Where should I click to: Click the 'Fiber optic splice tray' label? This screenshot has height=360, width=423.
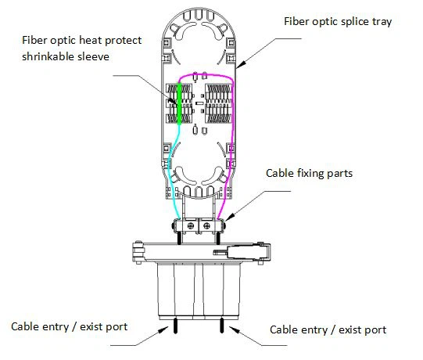(338, 22)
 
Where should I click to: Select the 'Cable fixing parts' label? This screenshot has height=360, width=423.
(309, 173)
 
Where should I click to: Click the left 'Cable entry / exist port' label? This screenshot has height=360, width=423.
(70, 327)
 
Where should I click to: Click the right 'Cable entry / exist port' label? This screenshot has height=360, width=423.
(328, 329)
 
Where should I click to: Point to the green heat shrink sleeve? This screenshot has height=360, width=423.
(179, 103)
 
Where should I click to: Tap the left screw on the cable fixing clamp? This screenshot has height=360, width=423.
(191, 225)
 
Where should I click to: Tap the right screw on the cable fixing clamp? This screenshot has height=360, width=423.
(206, 225)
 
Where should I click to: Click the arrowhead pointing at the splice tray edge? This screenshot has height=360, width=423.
(242, 63)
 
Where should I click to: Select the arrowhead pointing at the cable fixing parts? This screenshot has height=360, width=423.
(229, 217)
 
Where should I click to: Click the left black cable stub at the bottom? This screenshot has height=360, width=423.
(176, 326)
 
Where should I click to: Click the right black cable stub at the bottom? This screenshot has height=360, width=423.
(222, 325)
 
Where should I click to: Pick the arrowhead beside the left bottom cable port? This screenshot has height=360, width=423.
(163, 330)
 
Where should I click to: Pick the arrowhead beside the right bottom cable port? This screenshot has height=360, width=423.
(234, 329)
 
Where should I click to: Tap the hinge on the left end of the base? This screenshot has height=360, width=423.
(138, 252)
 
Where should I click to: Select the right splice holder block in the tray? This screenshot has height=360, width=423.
(218, 103)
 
